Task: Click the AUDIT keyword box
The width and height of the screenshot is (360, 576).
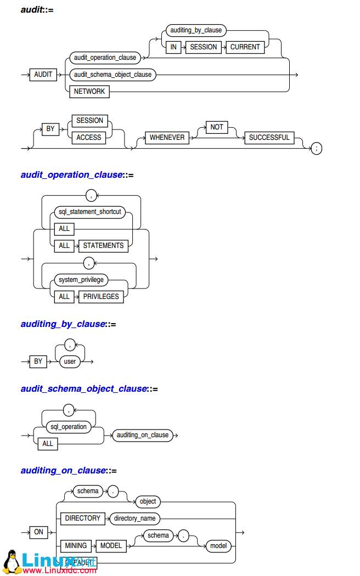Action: point(43,74)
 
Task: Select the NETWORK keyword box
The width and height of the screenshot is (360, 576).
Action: point(89,91)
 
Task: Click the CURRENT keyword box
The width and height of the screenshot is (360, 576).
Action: point(245,47)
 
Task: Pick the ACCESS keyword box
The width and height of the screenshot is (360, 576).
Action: point(88,137)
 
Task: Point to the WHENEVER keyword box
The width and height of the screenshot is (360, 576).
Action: point(167,137)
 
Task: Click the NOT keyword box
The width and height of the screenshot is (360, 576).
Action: point(217,127)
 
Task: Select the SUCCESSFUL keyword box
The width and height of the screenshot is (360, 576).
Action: point(269,137)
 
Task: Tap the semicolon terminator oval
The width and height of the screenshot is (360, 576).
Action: point(316,148)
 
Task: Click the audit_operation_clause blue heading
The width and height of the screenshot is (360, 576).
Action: point(71,174)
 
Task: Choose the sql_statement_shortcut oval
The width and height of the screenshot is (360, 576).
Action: point(90,211)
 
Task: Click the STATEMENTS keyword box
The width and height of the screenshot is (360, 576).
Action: point(103,245)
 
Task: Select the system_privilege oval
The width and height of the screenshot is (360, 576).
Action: point(81,279)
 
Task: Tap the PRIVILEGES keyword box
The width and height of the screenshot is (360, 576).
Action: point(101,296)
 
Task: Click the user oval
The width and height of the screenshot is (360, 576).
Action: point(70,362)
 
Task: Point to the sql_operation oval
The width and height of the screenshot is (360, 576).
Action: point(69,426)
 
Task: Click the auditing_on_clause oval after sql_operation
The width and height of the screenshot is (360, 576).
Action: point(143,435)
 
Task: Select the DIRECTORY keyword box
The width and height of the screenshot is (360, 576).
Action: point(83,518)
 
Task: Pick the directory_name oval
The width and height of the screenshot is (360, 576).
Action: point(134,518)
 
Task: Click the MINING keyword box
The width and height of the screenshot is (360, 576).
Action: point(76,545)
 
